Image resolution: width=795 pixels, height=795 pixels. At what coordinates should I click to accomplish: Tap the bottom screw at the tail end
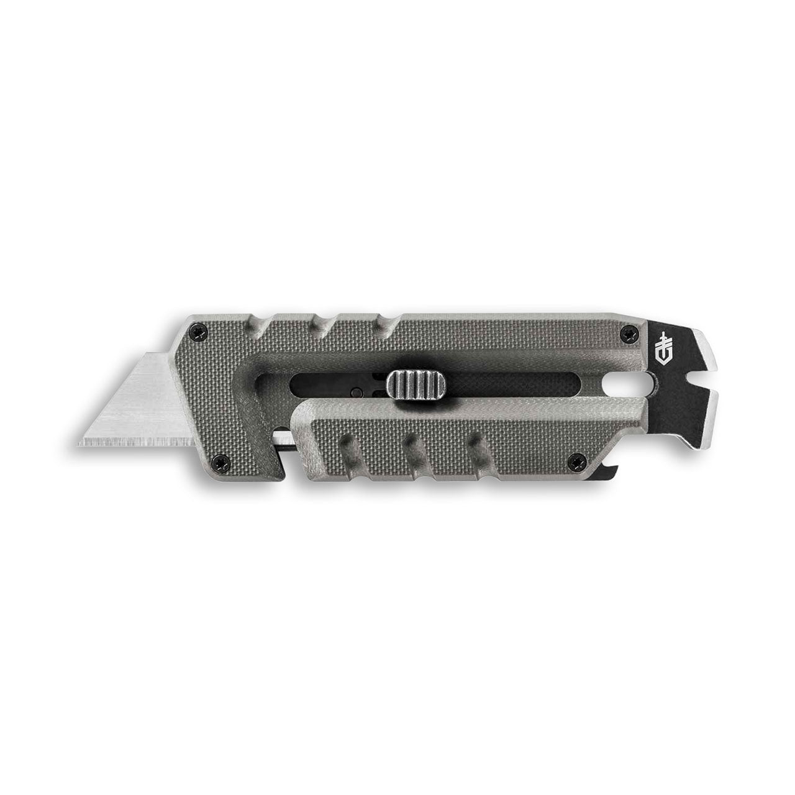[574, 461]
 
